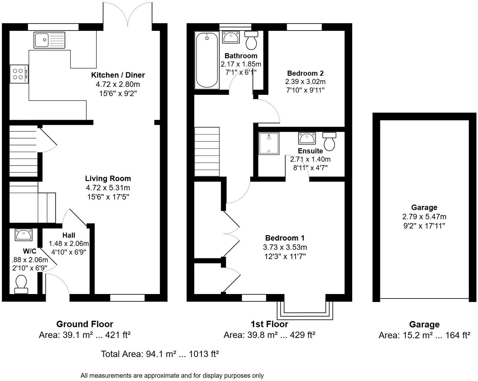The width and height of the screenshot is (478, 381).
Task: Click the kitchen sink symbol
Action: click(x=49, y=40)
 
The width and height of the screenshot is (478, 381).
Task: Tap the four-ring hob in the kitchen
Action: click(x=19, y=74)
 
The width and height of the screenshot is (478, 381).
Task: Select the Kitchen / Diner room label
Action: click(x=118, y=75)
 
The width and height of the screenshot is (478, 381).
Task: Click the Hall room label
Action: click(x=69, y=235)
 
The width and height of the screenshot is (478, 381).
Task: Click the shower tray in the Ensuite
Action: click(x=269, y=143)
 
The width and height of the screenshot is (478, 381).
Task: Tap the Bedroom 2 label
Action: click(x=305, y=73)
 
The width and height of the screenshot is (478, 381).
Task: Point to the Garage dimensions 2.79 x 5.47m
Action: click(x=424, y=217)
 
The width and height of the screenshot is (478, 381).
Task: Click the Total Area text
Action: click(x=160, y=354)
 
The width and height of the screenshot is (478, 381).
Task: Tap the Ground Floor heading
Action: click(x=85, y=324)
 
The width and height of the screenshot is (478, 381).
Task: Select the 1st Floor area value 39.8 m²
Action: click(x=250, y=335)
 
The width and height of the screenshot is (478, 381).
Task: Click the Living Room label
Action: click(x=108, y=178)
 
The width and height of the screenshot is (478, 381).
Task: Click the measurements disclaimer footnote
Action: click(x=172, y=376)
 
